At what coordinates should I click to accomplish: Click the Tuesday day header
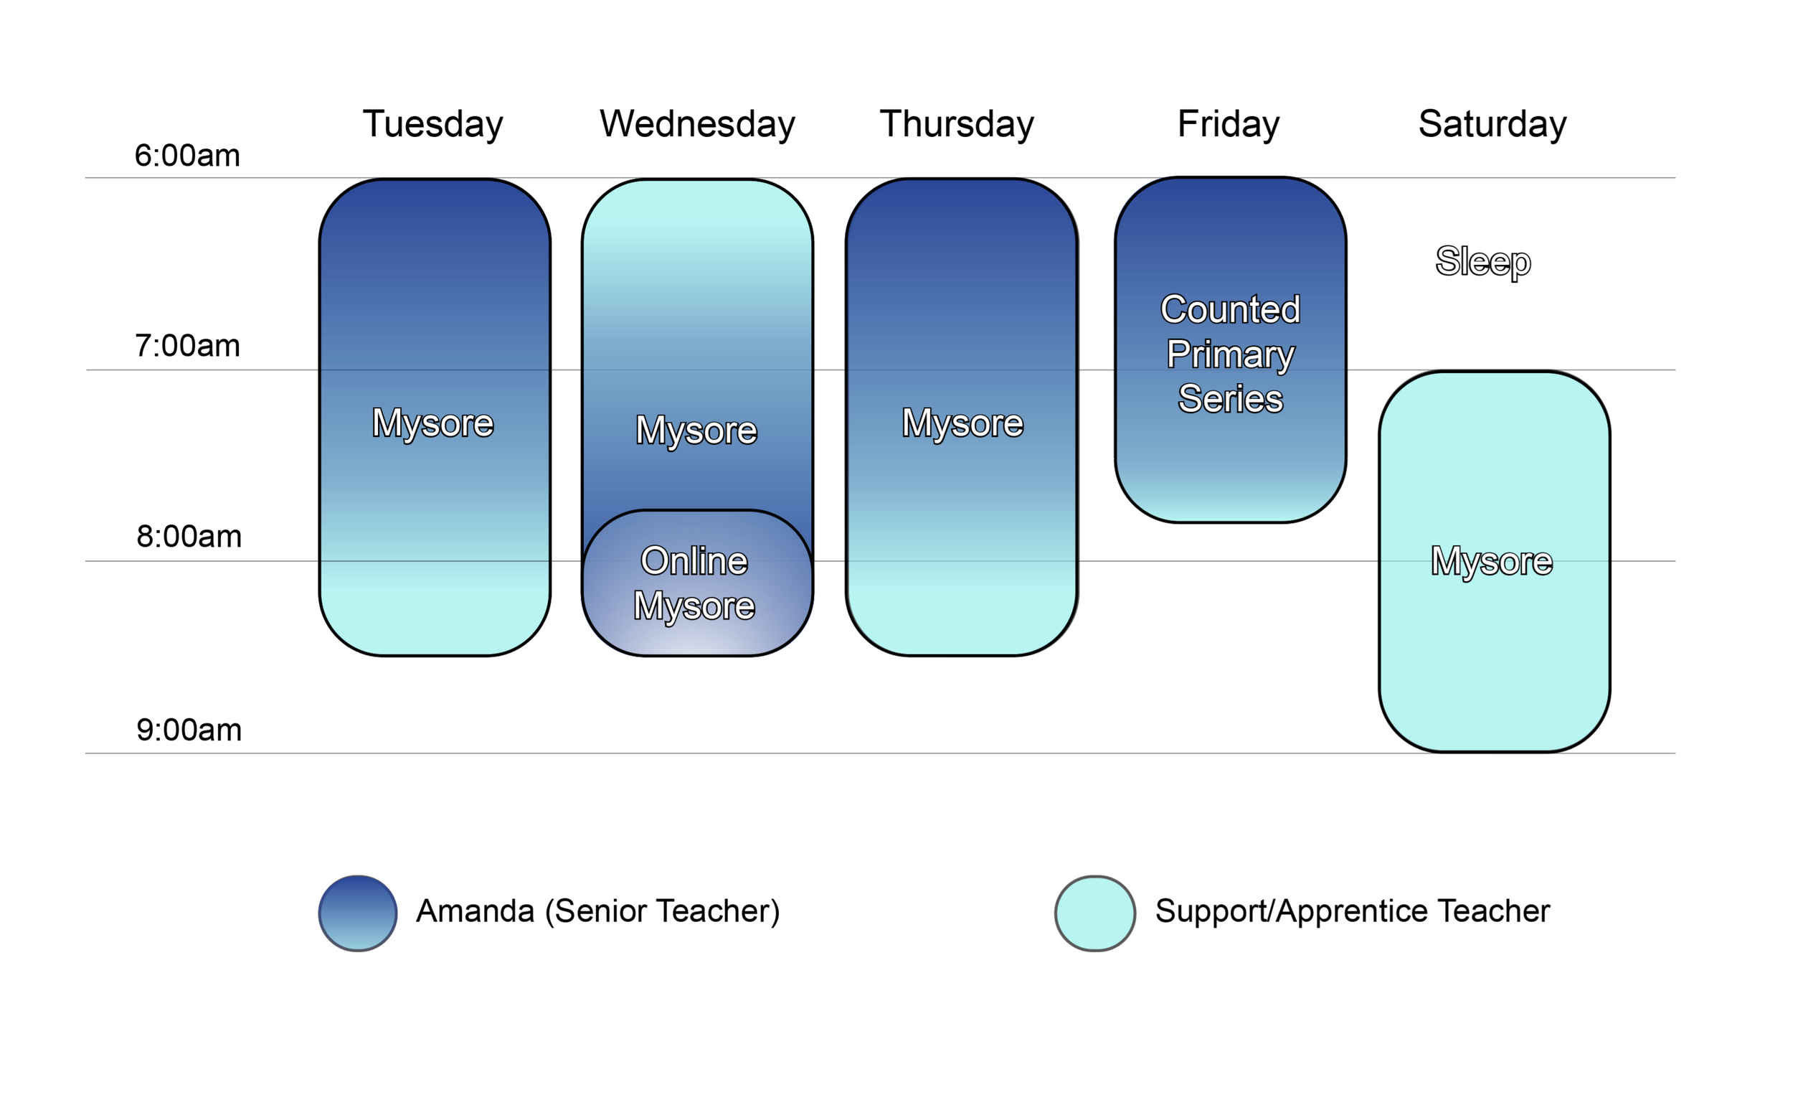tap(432, 123)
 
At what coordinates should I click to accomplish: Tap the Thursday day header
tap(956, 123)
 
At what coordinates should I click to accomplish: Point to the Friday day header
tap(1228, 123)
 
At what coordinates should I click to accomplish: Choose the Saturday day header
tap(1491, 123)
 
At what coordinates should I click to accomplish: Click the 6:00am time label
tap(187, 156)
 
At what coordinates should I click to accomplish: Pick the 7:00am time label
tap(187, 346)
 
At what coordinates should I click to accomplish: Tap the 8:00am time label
tap(189, 537)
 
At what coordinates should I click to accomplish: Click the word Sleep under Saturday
tap(1482, 261)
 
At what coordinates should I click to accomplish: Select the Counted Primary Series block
tap(1230, 354)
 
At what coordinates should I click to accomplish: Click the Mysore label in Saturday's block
tap(1490, 560)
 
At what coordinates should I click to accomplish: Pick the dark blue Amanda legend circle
tap(358, 913)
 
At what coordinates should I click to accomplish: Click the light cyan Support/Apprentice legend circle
tap(1094, 913)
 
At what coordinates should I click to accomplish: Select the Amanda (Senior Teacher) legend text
tap(597, 911)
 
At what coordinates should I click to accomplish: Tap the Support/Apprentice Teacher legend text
tap(1352, 911)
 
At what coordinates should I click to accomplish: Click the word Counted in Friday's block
tap(1230, 309)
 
